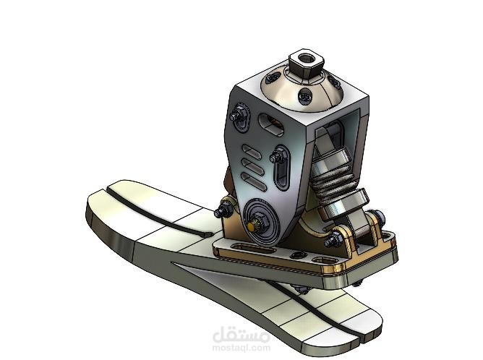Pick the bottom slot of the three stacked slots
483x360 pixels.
pyautogui.click(x=249, y=178)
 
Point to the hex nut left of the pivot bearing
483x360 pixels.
pyautogui.click(x=224, y=210)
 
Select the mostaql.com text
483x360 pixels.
pyautogui.click(x=241, y=348)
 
